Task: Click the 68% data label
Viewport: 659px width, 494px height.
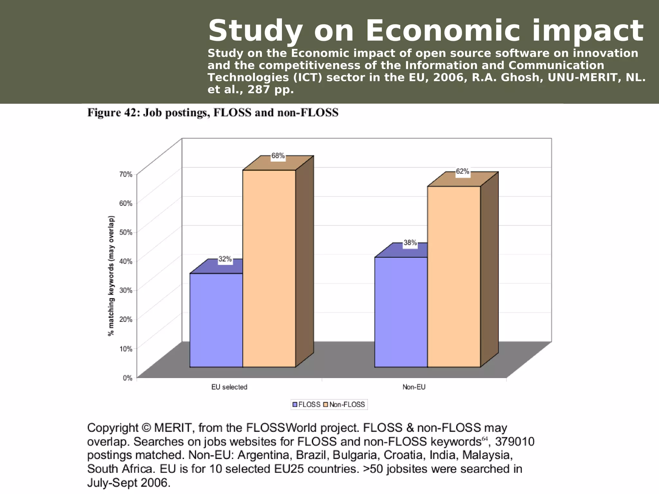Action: pos(278,156)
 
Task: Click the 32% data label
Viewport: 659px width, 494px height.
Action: pos(225,259)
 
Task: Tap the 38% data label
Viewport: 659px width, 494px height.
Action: pos(410,243)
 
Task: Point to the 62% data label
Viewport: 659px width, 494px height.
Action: pos(462,172)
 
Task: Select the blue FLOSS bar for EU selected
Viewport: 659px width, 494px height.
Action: pos(216,320)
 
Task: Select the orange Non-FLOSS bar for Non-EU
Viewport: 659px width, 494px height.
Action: pos(454,277)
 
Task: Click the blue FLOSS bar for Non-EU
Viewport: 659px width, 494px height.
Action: pos(401,312)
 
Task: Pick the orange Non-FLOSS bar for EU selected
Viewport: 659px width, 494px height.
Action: pos(269,269)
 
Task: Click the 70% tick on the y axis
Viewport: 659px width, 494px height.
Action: pos(126,174)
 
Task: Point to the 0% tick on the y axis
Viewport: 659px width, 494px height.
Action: pos(127,378)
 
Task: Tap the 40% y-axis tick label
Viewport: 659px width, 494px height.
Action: pos(126,261)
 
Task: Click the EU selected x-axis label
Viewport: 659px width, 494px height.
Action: pos(229,387)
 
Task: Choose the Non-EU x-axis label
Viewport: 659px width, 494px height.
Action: pos(414,387)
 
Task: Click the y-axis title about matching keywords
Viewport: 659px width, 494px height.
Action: pos(111,276)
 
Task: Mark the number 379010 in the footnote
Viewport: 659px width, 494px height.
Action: pos(515,442)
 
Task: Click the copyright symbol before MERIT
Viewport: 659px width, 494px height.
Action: pos(146,428)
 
